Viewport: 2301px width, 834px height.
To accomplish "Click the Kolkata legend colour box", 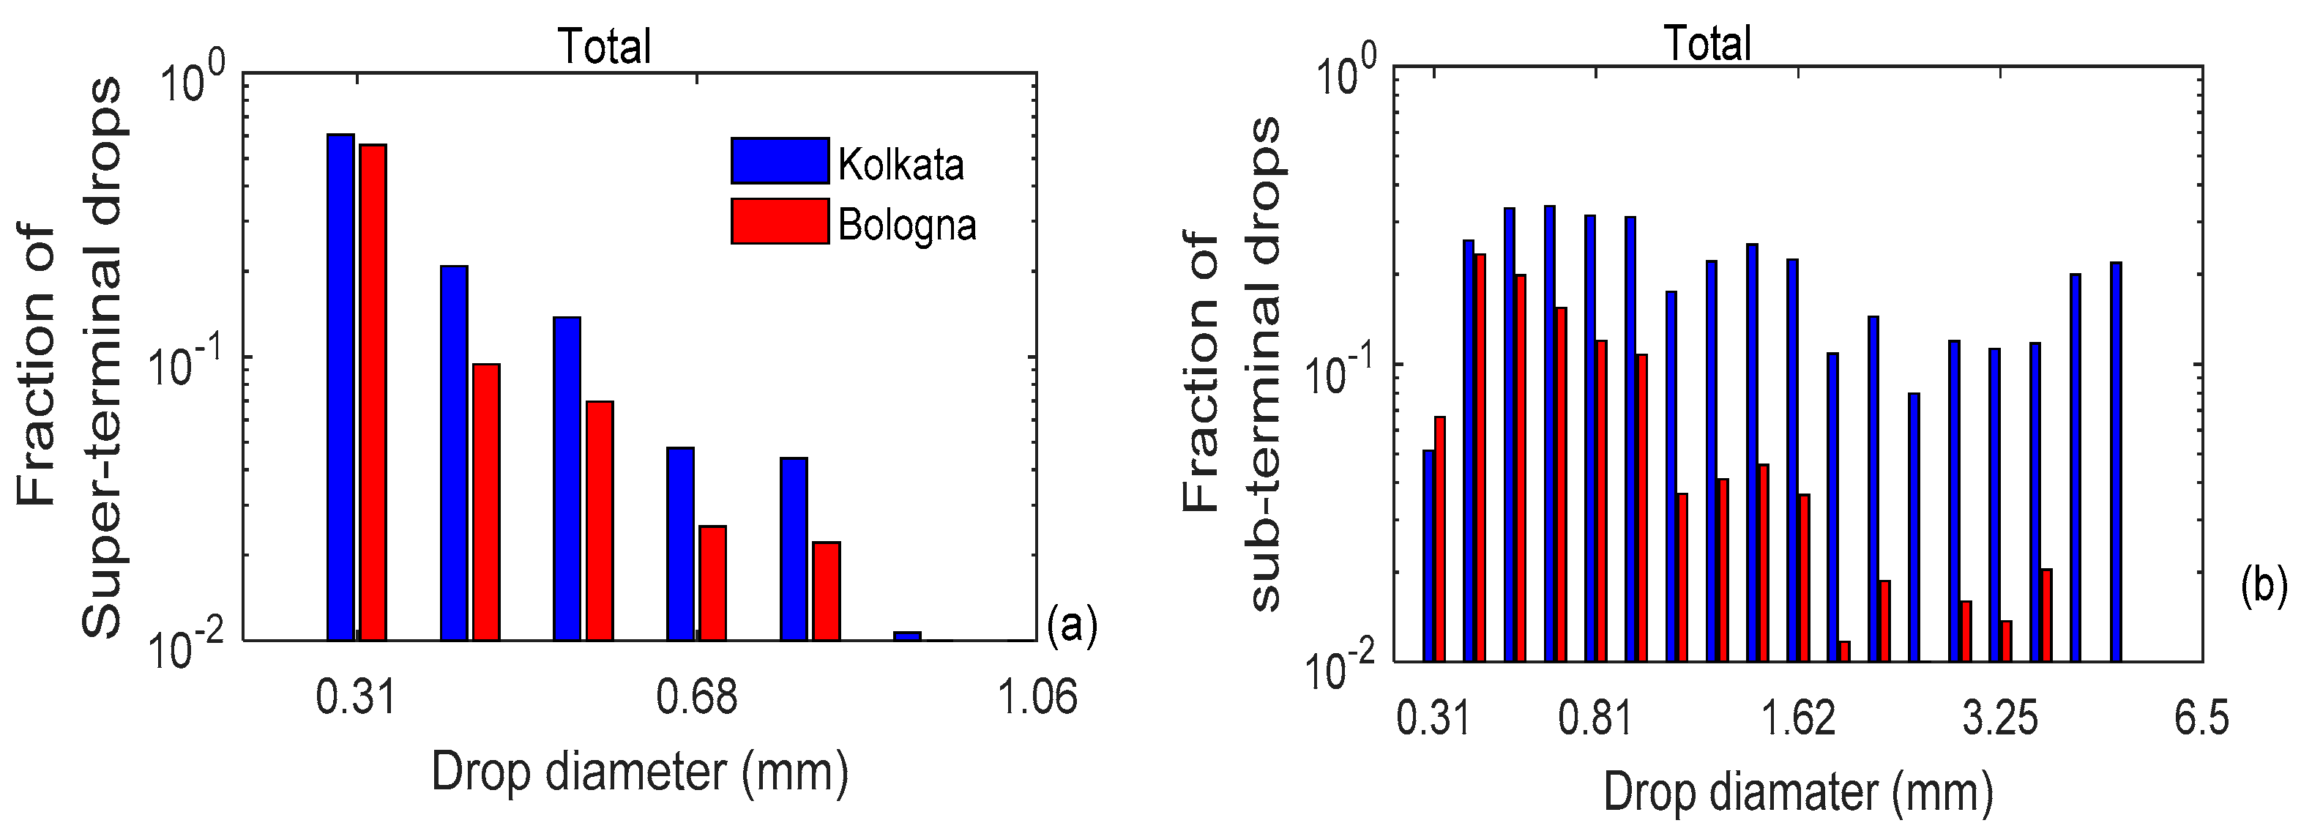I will [780, 161].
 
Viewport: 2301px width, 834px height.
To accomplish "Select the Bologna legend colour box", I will [780, 220].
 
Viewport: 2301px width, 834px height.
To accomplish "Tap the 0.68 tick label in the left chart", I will [697, 697].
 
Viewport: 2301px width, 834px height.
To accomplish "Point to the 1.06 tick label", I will [1036, 697].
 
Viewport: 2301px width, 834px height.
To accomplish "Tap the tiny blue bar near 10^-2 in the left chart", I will [906, 635].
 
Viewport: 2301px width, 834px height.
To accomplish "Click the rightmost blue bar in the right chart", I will [2115, 461].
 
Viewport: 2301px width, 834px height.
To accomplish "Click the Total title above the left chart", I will [605, 46].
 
